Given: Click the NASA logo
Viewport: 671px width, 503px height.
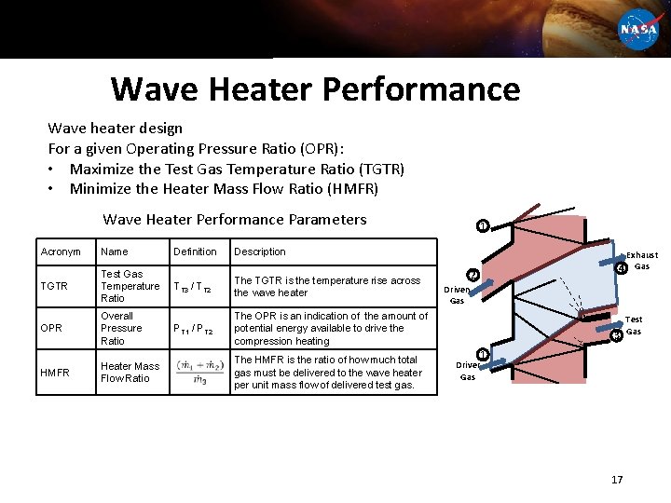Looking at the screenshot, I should pos(638,28).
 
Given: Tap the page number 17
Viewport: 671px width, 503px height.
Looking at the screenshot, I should pos(616,479).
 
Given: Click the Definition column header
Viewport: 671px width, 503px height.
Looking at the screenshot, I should pos(195,251).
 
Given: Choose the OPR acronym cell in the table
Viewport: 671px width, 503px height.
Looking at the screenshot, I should pos(52,328).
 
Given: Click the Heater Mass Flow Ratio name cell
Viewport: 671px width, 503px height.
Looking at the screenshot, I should pos(130,372).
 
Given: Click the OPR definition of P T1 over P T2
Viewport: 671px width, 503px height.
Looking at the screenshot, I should pos(195,329).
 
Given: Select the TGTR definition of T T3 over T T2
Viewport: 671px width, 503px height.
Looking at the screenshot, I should pos(195,287).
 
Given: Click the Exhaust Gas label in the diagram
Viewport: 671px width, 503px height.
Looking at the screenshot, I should pos(642,261).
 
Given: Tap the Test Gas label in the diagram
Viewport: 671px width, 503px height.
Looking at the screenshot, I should pos(634,325).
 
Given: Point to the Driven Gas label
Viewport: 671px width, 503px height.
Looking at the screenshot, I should pos(457,294).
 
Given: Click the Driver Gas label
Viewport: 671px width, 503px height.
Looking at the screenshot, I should pos(468,371).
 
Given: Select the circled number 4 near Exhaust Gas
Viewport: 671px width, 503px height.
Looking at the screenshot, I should pos(621,270).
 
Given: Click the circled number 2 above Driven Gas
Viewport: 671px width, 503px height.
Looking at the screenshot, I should pos(472,276).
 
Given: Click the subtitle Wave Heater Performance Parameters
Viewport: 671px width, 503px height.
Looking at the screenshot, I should pos(235,220).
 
